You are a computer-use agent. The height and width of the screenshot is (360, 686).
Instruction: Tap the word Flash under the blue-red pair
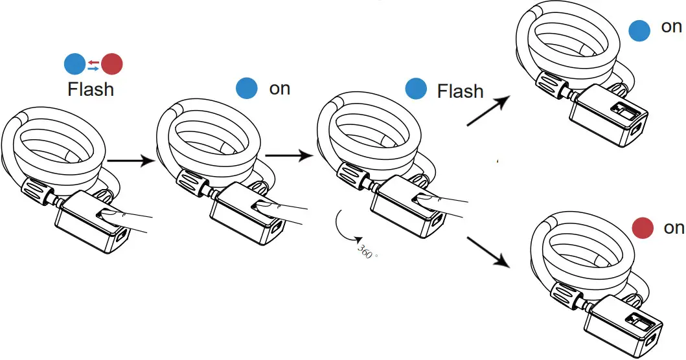91,89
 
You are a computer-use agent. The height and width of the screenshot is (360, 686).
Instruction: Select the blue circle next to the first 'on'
247,89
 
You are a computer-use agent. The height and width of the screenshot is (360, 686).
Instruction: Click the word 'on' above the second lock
280,89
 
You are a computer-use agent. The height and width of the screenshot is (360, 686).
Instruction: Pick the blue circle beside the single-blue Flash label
415,89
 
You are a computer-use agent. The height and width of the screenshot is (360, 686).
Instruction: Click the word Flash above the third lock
460,91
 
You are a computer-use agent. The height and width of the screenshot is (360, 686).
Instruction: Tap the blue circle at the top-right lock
639,30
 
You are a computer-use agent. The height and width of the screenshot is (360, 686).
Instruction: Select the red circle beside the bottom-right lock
643,227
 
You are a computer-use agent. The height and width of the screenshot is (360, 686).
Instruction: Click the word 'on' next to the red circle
674,228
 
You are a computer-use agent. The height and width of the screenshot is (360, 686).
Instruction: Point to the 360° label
367,251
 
